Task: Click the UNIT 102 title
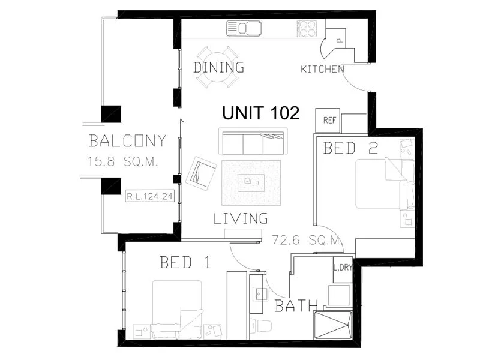[260, 113]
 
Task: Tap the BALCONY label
[127, 142]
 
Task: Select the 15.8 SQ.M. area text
[123, 161]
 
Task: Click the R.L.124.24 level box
[150, 195]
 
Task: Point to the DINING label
[218, 67]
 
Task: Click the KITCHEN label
[322, 69]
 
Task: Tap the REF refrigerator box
[329, 120]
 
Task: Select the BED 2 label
[350, 148]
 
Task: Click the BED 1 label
[185, 262]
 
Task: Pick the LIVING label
[240, 218]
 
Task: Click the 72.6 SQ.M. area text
[307, 241]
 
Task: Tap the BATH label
[296, 306]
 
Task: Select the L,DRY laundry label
[343, 267]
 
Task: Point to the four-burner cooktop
[308, 28]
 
